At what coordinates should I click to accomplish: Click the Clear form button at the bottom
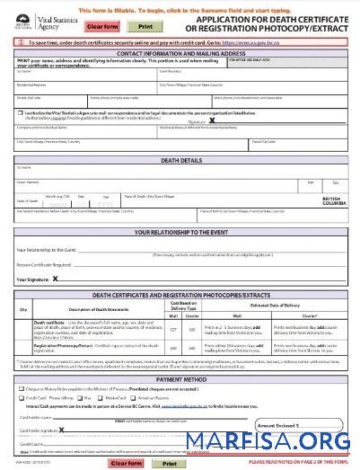(x=125, y=463)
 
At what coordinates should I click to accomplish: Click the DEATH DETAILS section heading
(x=180, y=160)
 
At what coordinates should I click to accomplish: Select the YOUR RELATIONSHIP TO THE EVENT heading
(x=180, y=232)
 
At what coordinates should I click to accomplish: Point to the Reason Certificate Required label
(x=43, y=264)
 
